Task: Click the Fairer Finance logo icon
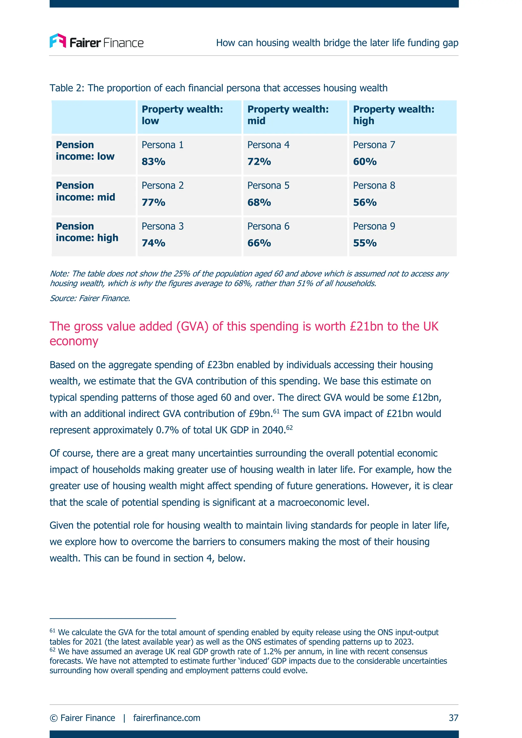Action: [58, 41]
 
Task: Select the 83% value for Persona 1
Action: [153, 161]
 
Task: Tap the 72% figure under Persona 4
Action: [259, 161]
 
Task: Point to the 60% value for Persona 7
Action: [365, 161]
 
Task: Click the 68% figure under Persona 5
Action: [259, 202]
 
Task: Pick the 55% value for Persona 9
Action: [365, 243]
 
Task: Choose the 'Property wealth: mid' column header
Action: [288, 115]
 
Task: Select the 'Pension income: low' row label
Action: [85, 151]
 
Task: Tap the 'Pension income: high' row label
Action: [87, 232]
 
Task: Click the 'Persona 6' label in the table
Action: [268, 226]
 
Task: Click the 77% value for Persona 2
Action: [153, 202]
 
